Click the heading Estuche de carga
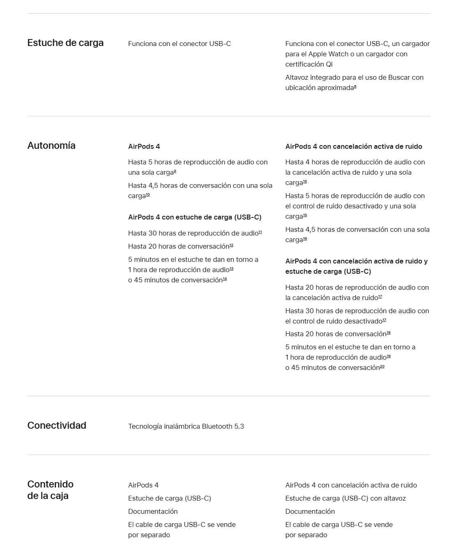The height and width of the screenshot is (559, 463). pyautogui.click(x=65, y=43)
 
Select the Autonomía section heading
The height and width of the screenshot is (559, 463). pyautogui.click(x=51, y=146)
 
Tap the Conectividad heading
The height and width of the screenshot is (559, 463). pyautogui.click(x=57, y=425)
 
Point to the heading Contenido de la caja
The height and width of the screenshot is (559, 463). pyautogui.click(x=50, y=490)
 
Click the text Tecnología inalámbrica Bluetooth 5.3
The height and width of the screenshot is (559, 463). pyautogui.click(x=186, y=426)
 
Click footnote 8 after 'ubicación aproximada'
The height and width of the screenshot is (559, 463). pyautogui.click(x=355, y=87)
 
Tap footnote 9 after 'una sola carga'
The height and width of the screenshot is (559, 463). pyautogui.click(x=175, y=171)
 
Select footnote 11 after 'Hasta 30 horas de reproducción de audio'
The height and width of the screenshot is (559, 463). pyautogui.click(x=260, y=232)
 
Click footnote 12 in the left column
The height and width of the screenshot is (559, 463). pyautogui.click(x=231, y=245)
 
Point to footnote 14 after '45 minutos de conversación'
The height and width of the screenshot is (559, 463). pyautogui.click(x=225, y=279)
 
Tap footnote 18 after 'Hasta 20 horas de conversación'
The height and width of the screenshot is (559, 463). pyautogui.click(x=389, y=333)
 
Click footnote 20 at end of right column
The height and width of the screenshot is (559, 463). pyautogui.click(x=382, y=367)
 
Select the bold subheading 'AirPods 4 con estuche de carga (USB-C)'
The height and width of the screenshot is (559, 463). pyautogui.click(x=194, y=217)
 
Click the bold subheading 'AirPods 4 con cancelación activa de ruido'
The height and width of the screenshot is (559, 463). pyautogui.click(x=354, y=146)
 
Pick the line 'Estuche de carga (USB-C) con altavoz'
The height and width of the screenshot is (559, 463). pyautogui.click(x=345, y=498)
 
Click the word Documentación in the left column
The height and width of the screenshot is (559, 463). pyautogui.click(x=153, y=511)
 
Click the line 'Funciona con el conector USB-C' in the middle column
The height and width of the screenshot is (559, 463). pyautogui.click(x=179, y=44)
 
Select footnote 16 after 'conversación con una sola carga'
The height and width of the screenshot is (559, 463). pyautogui.click(x=305, y=239)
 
